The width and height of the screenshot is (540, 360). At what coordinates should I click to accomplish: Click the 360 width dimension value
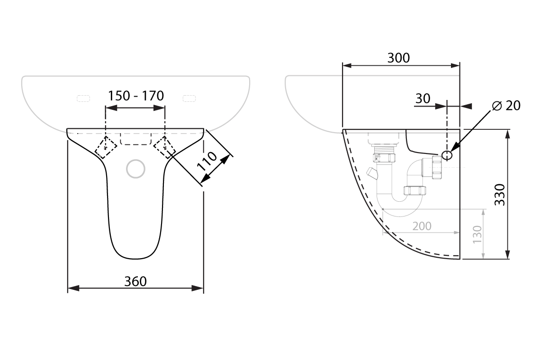135,281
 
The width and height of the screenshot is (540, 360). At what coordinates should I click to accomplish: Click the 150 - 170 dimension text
135,96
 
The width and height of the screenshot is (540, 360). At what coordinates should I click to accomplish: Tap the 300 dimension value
399,58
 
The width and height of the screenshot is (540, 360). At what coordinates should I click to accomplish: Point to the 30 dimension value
423,99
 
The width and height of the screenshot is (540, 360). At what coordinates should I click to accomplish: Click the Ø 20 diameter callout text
506,106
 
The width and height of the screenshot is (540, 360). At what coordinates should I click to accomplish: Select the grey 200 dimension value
422,226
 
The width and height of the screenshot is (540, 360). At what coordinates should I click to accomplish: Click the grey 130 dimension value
477,234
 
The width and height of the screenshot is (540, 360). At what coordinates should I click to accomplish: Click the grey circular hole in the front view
136,169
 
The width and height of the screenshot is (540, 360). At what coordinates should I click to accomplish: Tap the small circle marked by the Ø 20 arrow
447,155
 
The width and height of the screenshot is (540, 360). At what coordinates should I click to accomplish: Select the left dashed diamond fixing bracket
106,147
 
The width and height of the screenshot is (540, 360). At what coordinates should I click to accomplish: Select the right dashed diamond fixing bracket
165,147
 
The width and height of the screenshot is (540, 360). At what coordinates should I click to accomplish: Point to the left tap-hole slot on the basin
83,98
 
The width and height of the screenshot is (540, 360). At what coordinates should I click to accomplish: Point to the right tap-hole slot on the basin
189,98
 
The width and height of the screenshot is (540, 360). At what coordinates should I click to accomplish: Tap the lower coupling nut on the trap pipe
415,191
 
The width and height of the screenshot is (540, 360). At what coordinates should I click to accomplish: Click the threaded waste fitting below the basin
384,155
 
